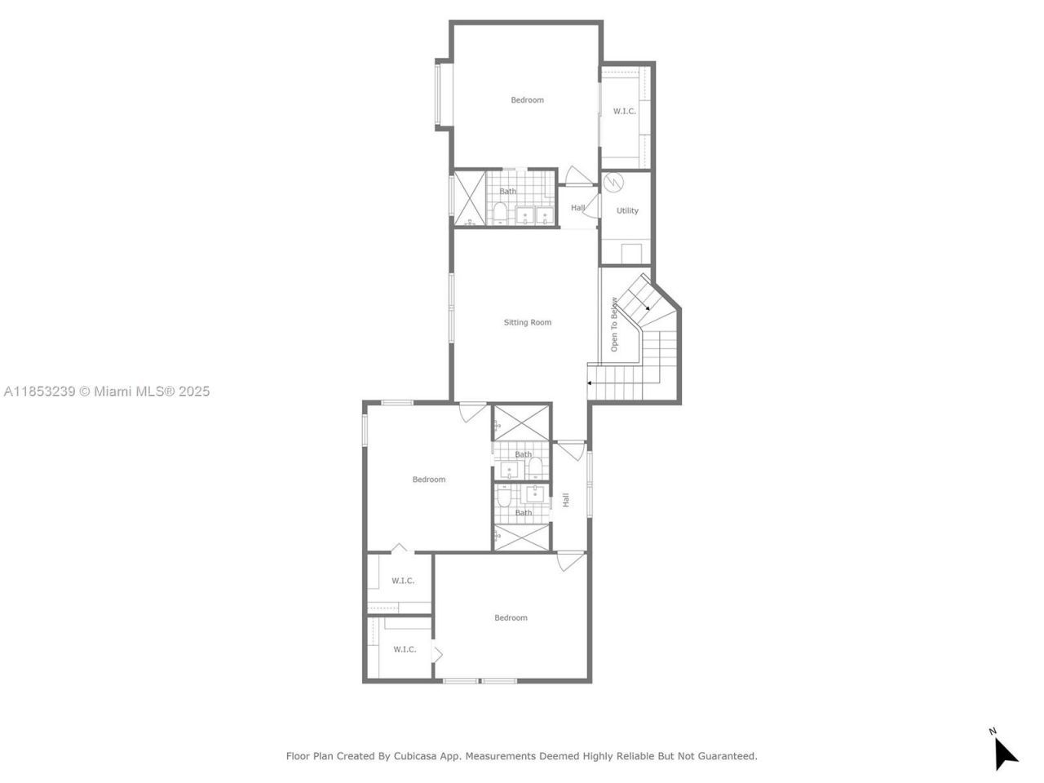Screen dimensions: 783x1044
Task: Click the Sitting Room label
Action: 527,322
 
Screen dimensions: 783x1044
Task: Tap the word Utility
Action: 627,210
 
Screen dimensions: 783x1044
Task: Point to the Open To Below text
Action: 614,324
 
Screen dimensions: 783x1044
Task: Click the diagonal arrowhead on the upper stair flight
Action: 646,308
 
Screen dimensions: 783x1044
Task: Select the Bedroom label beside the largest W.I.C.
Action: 527,100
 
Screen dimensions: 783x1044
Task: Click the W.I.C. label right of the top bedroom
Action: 624,111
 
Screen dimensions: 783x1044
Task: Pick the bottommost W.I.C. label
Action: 405,649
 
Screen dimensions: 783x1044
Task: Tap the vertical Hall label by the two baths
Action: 565,500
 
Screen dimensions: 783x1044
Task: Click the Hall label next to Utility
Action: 577,208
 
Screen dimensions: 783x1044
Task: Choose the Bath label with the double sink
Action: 507,192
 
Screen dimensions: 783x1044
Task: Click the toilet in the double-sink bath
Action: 500,214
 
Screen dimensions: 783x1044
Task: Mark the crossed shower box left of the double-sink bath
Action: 469,198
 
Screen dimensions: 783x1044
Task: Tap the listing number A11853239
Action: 39,391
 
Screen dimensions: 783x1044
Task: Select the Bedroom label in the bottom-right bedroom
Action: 511,618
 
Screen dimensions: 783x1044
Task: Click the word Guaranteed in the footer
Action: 728,756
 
